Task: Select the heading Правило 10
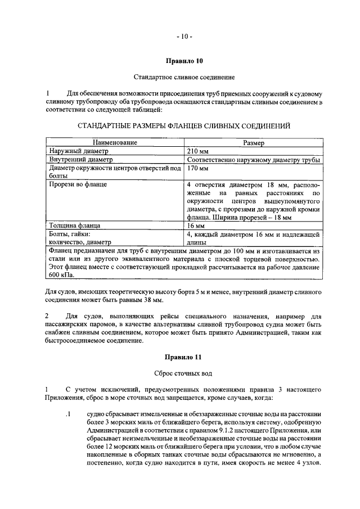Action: [x=183, y=60]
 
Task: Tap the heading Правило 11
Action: [x=183, y=357]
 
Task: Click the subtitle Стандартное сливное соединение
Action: [x=183, y=76]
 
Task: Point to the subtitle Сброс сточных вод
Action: [x=183, y=373]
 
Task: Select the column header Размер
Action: [x=254, y=143]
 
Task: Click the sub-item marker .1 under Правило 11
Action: [x=67, y=416]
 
